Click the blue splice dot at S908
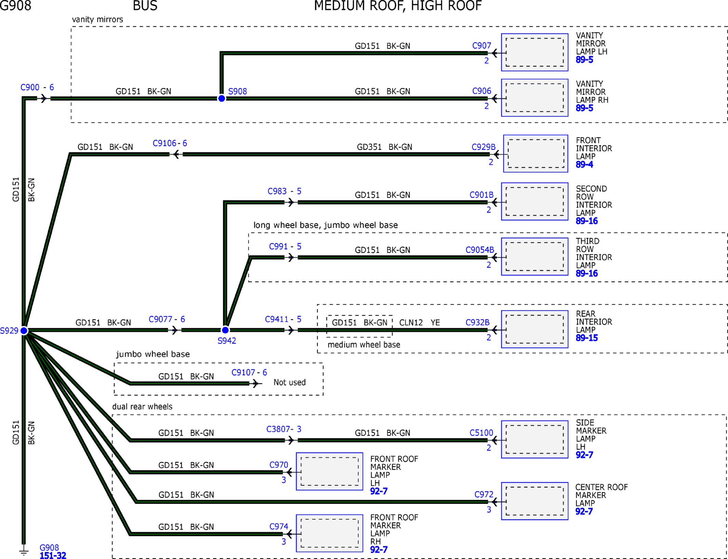coord(221,98)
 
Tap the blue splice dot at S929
coord(24,331)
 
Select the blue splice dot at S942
coord(225,330)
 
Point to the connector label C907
coord(482,45)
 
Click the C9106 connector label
coord(164,143)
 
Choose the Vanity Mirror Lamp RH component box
coord(535,98)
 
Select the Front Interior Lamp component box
coord(536,154)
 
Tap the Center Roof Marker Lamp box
coord(535,501)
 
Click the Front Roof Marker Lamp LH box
coord(329,471)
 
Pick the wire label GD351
coord(369,147)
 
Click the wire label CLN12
coord(411,322)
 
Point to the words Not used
coord(289,382)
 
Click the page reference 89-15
coord(587,338)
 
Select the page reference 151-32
coord(53,555)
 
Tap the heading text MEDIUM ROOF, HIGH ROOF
coord(398,6)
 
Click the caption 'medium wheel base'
coord(364,345)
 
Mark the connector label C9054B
coord(480,250)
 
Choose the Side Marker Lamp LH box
coord(535,439)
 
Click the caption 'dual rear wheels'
coord(142,407)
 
